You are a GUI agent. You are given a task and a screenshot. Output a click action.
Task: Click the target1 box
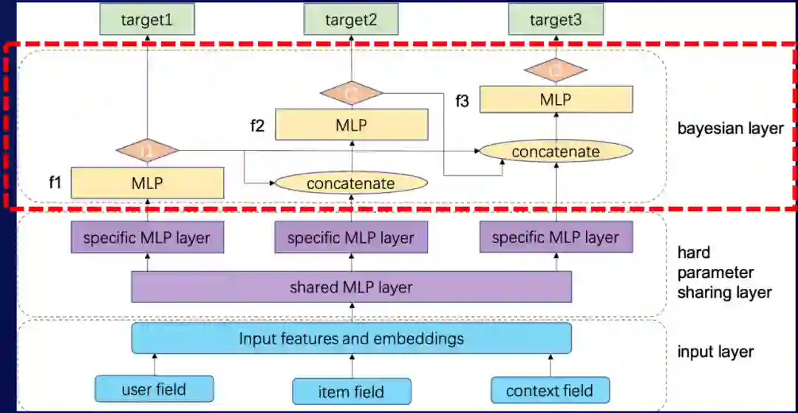point(147,20)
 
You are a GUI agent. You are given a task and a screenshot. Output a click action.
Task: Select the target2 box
point(351,20)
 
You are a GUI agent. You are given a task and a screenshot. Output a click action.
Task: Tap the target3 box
point(556,20)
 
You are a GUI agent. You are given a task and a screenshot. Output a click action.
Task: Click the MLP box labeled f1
point(147,182)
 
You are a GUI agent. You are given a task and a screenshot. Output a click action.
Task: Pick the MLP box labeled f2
point(351,125)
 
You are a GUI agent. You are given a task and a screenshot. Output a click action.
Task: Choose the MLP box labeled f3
point(556,99)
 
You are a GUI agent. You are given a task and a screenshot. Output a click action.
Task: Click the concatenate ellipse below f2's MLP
point(351,182)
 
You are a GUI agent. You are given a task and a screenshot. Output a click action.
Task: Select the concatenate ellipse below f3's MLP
point(556,152)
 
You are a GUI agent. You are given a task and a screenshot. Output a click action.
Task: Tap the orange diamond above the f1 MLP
point(147,151)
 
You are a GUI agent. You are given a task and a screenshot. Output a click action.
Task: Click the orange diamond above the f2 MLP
point(351,93)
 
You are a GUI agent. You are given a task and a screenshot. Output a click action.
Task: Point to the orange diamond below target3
point(556,70)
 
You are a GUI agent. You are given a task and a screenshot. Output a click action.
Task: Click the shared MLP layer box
point(351,287)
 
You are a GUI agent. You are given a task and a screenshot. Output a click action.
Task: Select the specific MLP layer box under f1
point(147,239)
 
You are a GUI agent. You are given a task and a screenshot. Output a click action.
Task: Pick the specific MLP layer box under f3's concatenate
point(556,239)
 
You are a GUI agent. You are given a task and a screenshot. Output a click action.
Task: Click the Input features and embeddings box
point(351,339)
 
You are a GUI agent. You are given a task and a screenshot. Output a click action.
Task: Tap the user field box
point(154,389)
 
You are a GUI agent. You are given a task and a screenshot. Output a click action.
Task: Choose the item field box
point(351,391)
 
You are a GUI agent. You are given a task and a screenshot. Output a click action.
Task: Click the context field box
point(551,390)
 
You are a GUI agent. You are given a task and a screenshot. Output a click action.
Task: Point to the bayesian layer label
point(730,129)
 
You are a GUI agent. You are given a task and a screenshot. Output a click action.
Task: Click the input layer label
point(715,352)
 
